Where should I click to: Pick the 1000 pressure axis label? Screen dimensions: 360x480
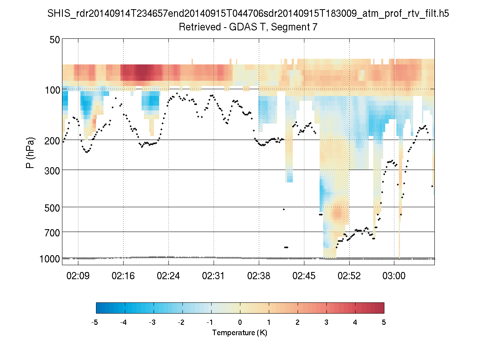point(50,259)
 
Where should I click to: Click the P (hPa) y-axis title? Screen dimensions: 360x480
point(30,152)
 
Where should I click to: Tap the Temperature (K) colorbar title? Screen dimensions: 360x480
point(240,332)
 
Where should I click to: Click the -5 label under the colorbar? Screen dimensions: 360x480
point(95,322)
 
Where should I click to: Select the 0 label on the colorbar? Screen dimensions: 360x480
point(240,322)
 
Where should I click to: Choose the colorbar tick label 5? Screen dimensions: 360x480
point(384,322)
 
